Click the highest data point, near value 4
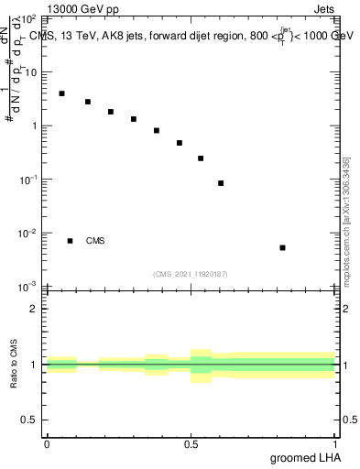coord(61,93)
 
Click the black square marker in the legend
coord(71,241)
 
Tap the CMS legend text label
coord(95,241)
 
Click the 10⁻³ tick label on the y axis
coord(28,288)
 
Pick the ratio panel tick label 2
coord(36,308)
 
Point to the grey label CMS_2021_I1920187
coord(191,273)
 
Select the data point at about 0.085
coord(221,183)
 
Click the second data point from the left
coord(88,102)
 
